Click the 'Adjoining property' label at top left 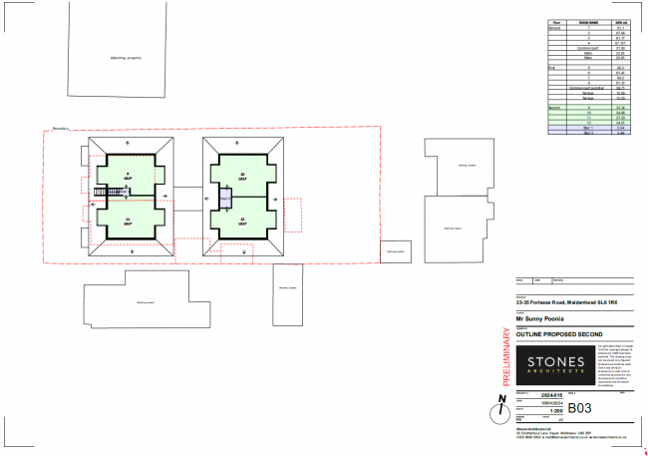pos(127,57)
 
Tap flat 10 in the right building pos(242,177)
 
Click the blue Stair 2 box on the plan pos(224,199)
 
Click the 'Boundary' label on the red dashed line pos(59,129)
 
